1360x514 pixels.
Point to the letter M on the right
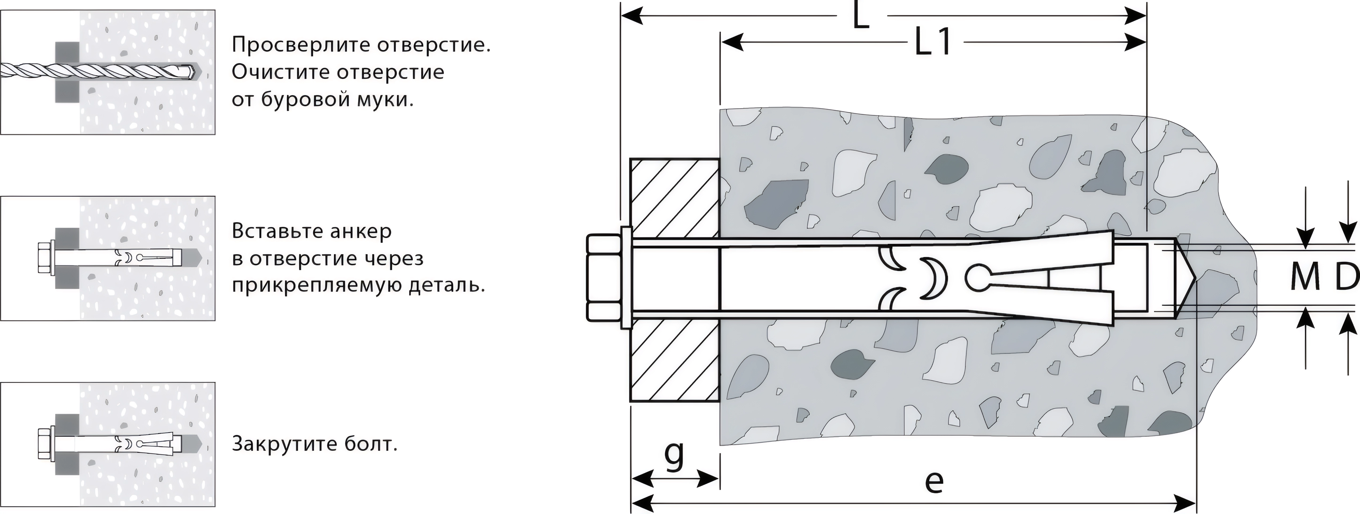click(1305, 277)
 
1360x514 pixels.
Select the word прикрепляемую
click(316, 286)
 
